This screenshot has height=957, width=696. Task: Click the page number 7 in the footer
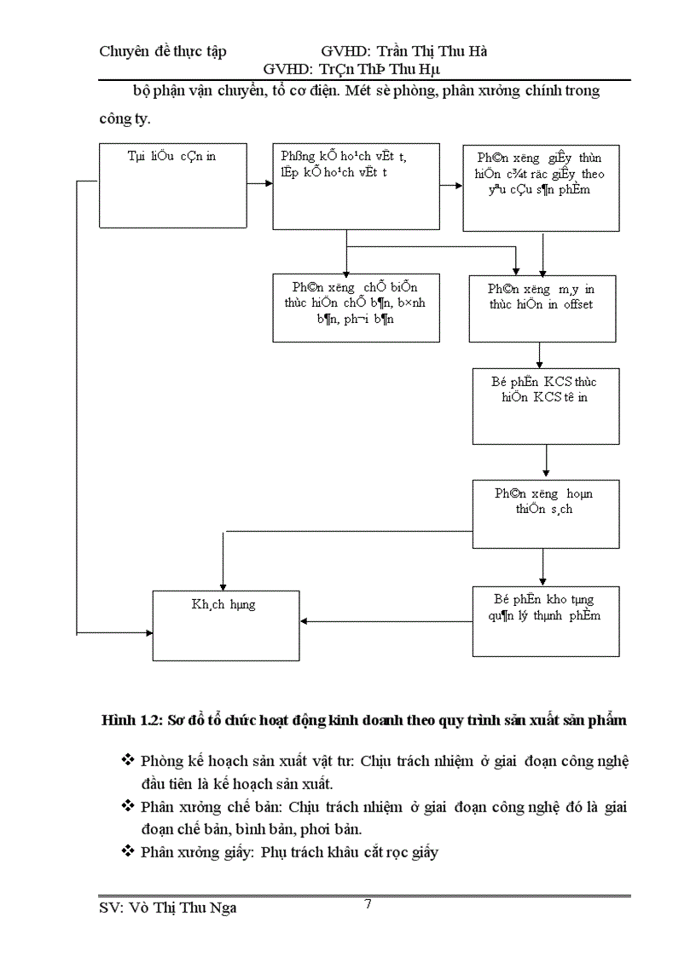pos(367,904)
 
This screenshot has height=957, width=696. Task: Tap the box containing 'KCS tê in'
pos(546,406)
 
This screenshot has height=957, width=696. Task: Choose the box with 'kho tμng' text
pos(546,620)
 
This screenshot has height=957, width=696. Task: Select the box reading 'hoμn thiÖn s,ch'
pos(546,515)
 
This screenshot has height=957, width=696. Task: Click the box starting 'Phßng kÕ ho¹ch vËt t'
pos(346,186)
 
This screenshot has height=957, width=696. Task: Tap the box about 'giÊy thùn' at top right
pos(541,188)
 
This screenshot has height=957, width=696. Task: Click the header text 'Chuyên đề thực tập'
pos(163,51)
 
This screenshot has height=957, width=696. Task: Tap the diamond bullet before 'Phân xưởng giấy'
pos(128,850)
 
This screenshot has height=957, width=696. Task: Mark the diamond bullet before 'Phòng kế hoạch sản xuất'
pos(128,759)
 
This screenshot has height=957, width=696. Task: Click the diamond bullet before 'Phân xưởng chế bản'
pos(128,805)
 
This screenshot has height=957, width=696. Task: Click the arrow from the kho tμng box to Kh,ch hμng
pos(388,620)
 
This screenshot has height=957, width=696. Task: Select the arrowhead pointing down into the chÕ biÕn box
pos(346,268)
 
